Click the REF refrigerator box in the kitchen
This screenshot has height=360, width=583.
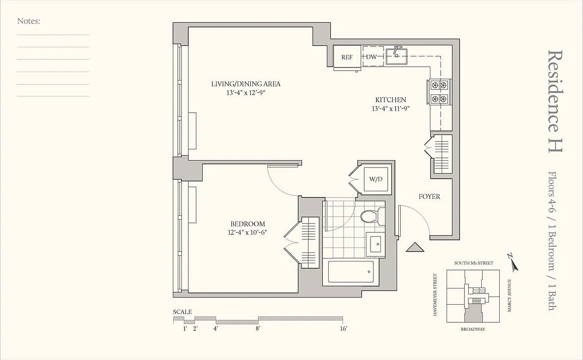pyautogui.click(x=347, y=57)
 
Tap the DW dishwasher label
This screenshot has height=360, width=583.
pyautogui.click(x=371, y=57)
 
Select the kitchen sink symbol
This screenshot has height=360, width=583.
pyautogui.click(x=396, y=55)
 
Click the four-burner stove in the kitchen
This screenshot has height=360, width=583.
pyautogui.click(x=439, y=91)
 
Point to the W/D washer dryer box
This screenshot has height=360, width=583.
pyautogui.click(x=376, y=179)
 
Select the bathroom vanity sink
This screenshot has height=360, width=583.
pyautogui.click(x=375, y=244)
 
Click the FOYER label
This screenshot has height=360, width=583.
pyautogui.click(x=429, y=197)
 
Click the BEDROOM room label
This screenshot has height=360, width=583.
pyautogui.click(x=248, y=224)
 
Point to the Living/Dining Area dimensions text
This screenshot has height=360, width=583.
pyautogui.click(x=246, y=92)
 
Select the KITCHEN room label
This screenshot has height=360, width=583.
pyautogui.click(x=391, y=100)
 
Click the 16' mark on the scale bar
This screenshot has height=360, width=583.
pyautogui.click(x=343, y=329)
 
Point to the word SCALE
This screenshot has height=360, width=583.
pyautogui.click(x=182, y=312)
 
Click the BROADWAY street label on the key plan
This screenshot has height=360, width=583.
pyautogui.click(x=473, y=329)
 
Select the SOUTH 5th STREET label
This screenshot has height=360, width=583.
pyautogui.click(x=473, y=263)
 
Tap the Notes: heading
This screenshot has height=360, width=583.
pyautogui.click(x=28, y=21)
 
